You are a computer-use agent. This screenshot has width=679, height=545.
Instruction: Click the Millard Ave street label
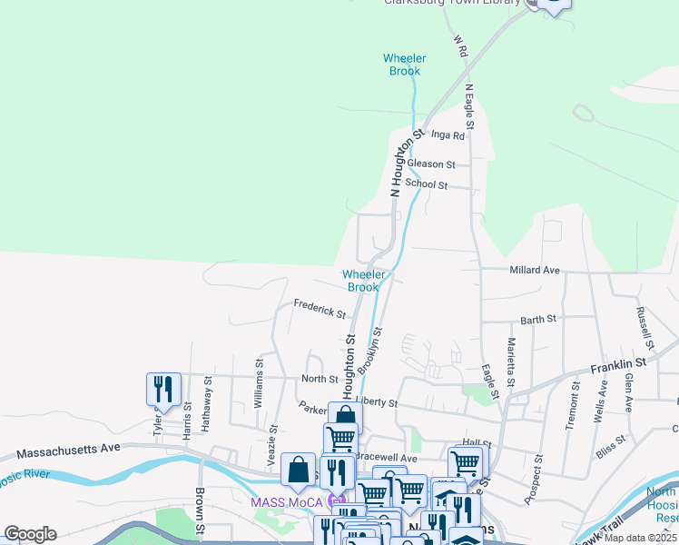tap(535, 270)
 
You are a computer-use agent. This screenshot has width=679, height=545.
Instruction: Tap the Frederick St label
tap(320, 310)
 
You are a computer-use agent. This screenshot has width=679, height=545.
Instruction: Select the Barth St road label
tap(538, 320)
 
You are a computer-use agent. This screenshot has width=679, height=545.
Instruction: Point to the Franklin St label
tap(617, 363)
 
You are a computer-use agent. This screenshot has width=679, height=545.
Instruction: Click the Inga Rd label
tap(448, 136)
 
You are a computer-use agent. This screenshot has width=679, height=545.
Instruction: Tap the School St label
tap(427, 184)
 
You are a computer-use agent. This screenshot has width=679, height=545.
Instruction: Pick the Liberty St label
tap(377, 401)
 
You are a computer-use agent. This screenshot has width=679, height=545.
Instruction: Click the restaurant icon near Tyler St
tap(163, 389)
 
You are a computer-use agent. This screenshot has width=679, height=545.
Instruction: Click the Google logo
tap(30, 534)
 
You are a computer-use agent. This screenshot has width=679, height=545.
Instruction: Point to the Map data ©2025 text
tap(640, 538)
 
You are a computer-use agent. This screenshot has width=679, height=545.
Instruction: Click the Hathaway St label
tap(208, 397)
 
